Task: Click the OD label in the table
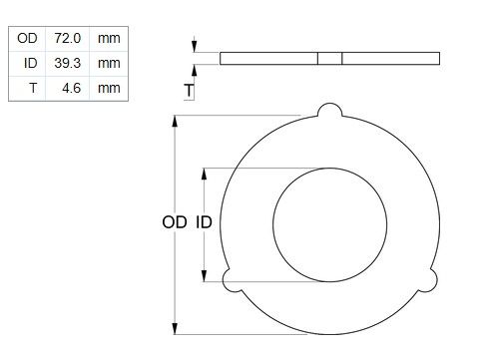click(x=27, y=38)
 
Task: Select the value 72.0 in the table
click(x=68, y=38)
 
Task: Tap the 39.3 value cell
click(x=68, y=63)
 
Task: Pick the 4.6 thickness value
click(x=71, y=88)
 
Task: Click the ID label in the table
click(x=30, y=63)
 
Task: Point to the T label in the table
click(x=33, y=88)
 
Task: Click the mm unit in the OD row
click(x=109, y=39)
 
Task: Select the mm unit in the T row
click(x=109, y=89)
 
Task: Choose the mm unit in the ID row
click(x=109, y=64)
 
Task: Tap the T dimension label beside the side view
click(x=189, y=91)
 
